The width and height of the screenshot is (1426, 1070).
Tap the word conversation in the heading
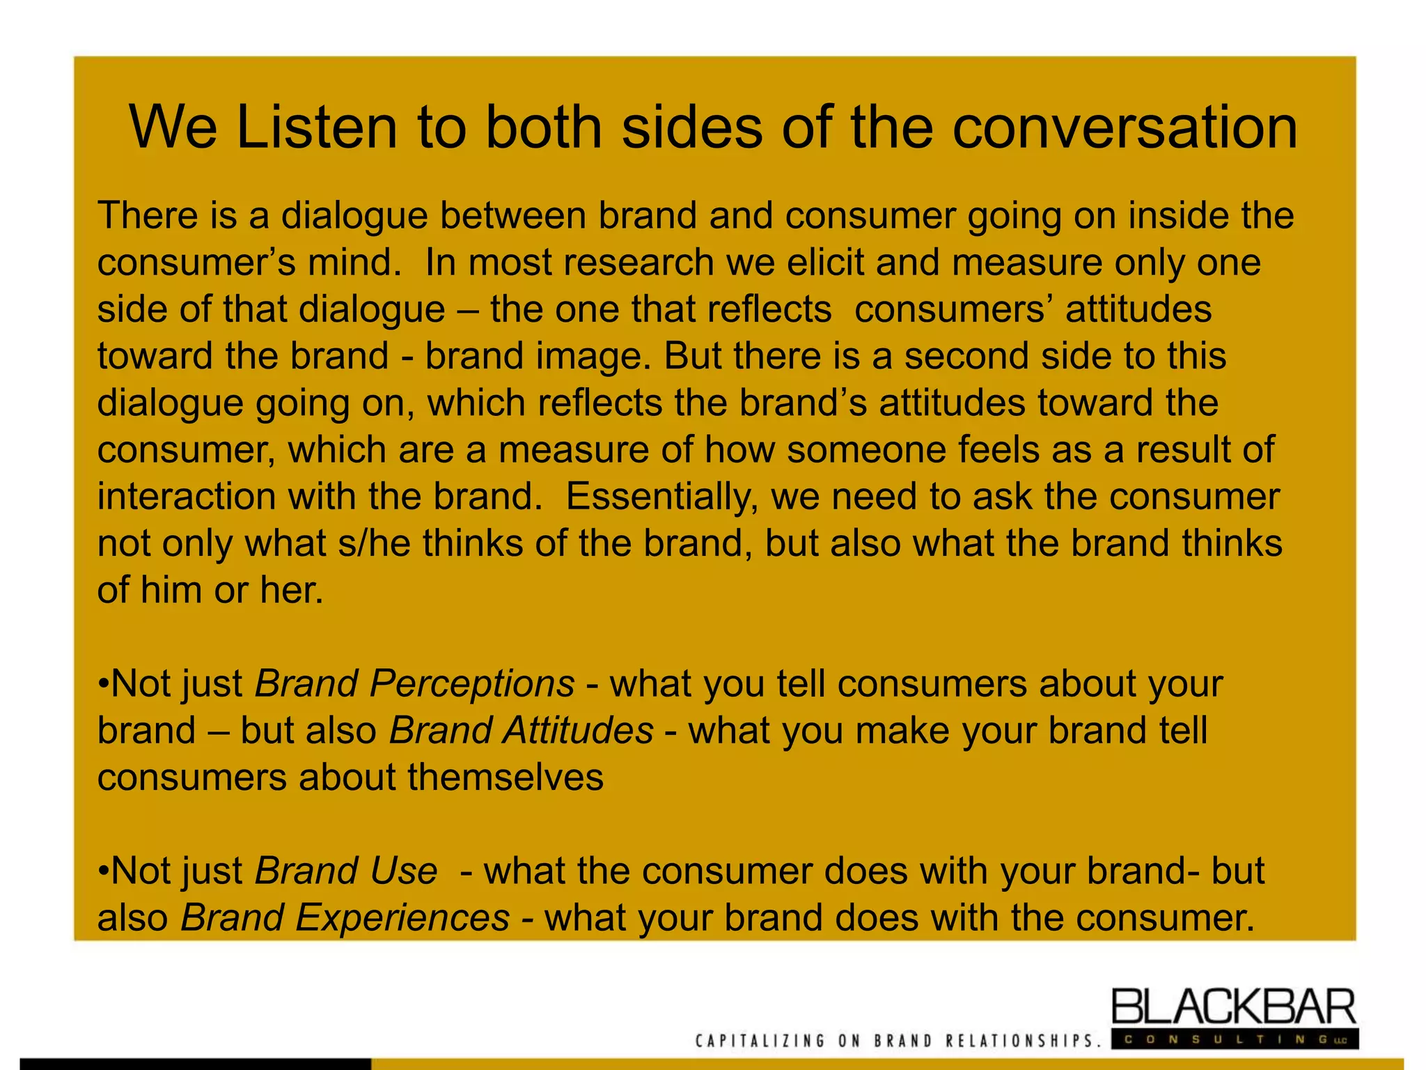tap(1124, 127)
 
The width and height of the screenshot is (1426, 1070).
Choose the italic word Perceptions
tap(472, 683)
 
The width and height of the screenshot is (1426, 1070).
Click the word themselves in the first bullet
tap(506, 777)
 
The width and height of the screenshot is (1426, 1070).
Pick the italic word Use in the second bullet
tap(404, 871)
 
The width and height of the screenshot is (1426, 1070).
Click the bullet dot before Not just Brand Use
tap(103, 871)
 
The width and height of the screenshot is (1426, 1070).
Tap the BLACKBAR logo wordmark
tap(1233, 1007)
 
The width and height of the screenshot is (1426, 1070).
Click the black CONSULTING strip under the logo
tap(1233, 1040)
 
